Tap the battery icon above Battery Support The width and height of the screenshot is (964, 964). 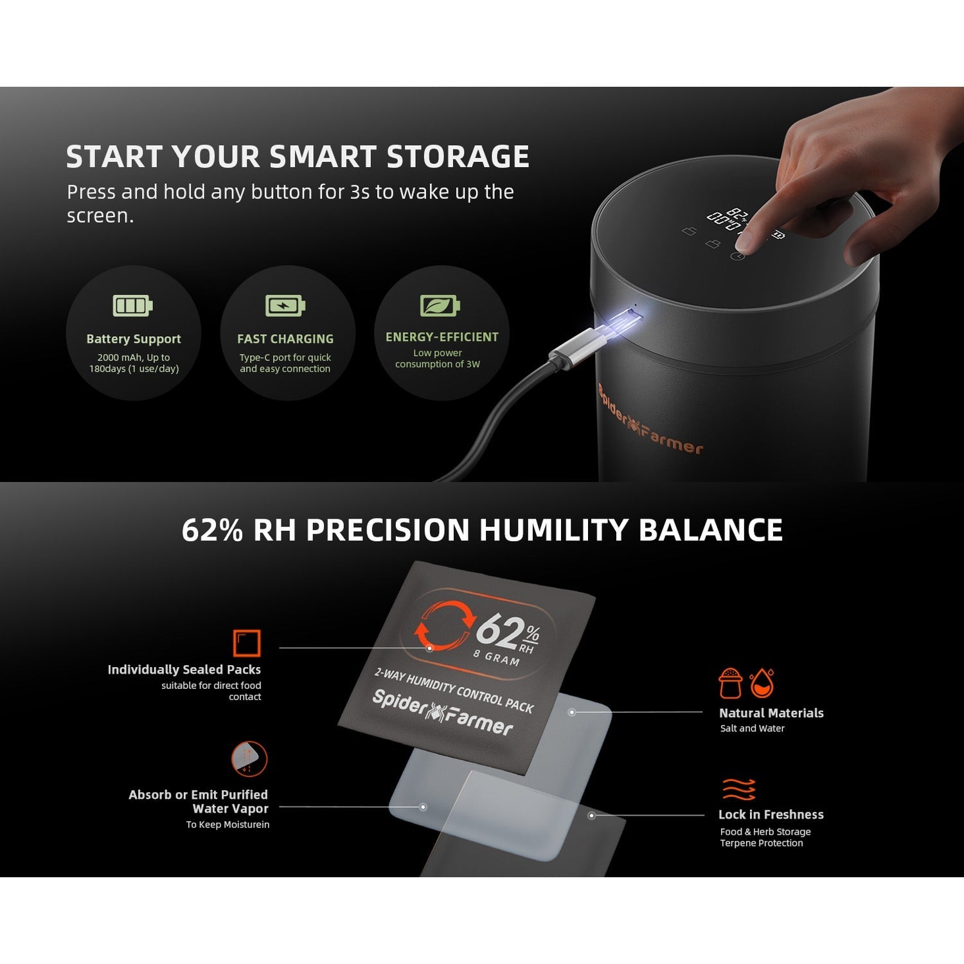click(133, 305)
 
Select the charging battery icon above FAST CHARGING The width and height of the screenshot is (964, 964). click(285, 305)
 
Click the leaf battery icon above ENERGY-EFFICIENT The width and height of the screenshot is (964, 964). click(440, 305)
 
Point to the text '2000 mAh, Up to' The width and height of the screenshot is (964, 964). click(134, 357)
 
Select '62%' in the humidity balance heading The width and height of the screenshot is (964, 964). click(212, 530)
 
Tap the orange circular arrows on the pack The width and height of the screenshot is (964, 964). click(443, 624)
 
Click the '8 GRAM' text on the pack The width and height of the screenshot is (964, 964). click(497, 657)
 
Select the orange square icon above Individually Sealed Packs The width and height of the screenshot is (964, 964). click(247, 643)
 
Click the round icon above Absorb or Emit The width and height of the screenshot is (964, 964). click(249, 759)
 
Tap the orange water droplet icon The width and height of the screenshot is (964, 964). click(762, 683)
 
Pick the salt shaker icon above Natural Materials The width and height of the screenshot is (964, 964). click(731, 683)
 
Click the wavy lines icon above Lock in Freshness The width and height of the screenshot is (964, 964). click(739, 789)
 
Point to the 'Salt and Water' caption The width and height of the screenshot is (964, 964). click(752, 728)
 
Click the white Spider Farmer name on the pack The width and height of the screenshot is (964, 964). click(443, 712)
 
